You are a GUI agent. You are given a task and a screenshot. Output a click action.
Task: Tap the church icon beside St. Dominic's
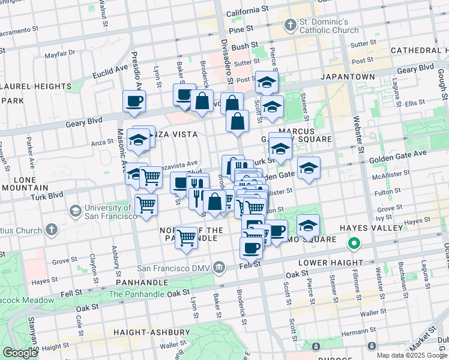[x=291, y=25]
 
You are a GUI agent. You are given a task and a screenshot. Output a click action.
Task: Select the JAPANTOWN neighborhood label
[x=348, y=77]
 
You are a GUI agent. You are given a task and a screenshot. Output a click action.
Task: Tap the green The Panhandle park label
[x=136, y=294]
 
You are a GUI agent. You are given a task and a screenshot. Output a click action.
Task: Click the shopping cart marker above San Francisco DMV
[x=187, y=238]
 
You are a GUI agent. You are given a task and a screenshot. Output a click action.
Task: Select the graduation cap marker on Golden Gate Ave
[x=309, y=167]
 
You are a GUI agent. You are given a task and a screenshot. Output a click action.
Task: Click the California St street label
[x=247, y=11]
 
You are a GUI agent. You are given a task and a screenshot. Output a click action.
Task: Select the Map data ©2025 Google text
[x=411, y=355]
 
